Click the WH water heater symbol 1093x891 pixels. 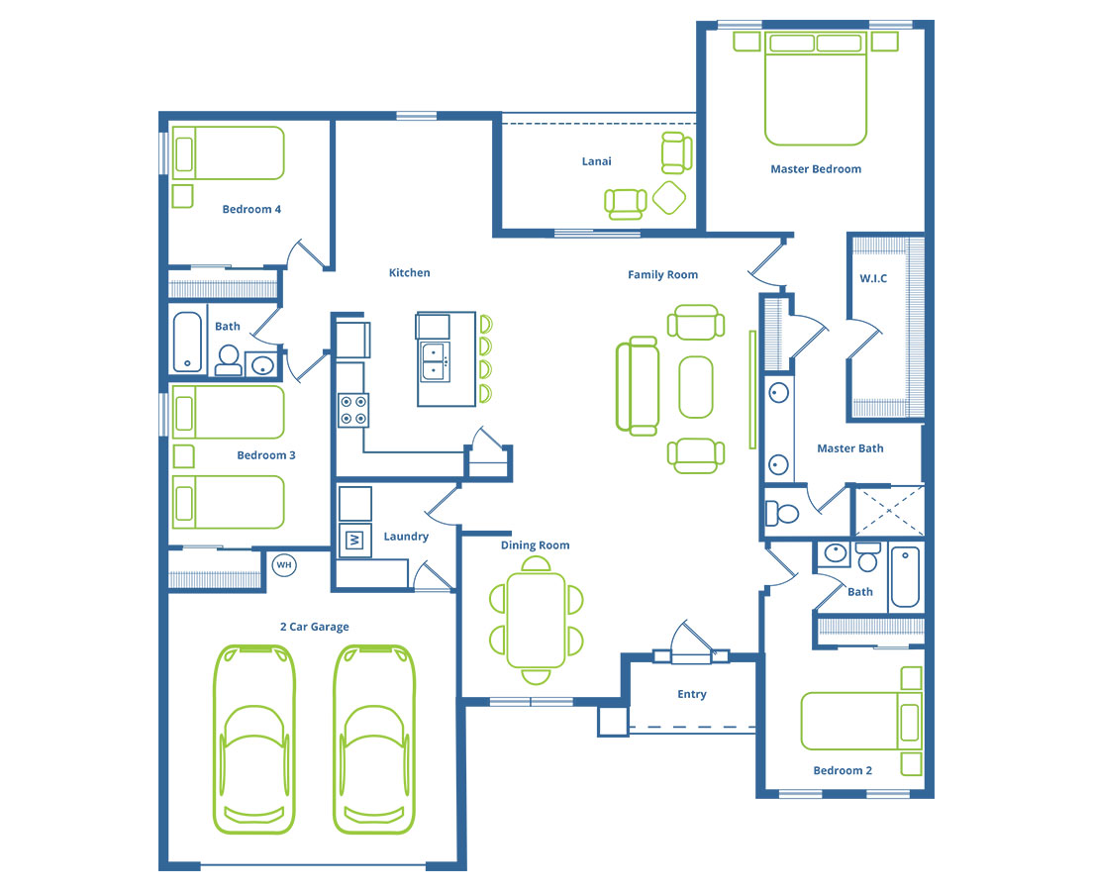(x=284, y=564)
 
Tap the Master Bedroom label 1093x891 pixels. (x=816, y=168)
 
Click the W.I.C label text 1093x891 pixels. (x=873, y=278)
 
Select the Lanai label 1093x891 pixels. (x=597, y=161)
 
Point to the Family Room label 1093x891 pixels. (x=663, y=274)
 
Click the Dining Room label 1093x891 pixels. (x=536, y=545)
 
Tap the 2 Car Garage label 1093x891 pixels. (x=315, y=627)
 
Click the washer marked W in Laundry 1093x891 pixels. (x=354, y=540)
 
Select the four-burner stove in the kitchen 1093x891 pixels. (x=353, y=410)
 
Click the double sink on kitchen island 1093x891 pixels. (x=434, y=361)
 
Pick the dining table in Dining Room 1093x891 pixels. (x=536, y=620)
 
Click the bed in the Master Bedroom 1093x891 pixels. (x=816, y=88)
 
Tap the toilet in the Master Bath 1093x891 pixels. (x=781, y=514)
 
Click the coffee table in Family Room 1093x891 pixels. (x=696, y=387)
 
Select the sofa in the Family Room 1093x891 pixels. (x=638, y=385)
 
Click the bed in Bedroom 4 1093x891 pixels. (x=229, y=153)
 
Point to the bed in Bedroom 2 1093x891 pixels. (x=861, y=721)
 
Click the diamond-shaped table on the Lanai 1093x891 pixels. (x=669, y=197)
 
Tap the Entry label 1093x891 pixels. (x=692, y=694)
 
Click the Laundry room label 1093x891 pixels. (x=406, y=537)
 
